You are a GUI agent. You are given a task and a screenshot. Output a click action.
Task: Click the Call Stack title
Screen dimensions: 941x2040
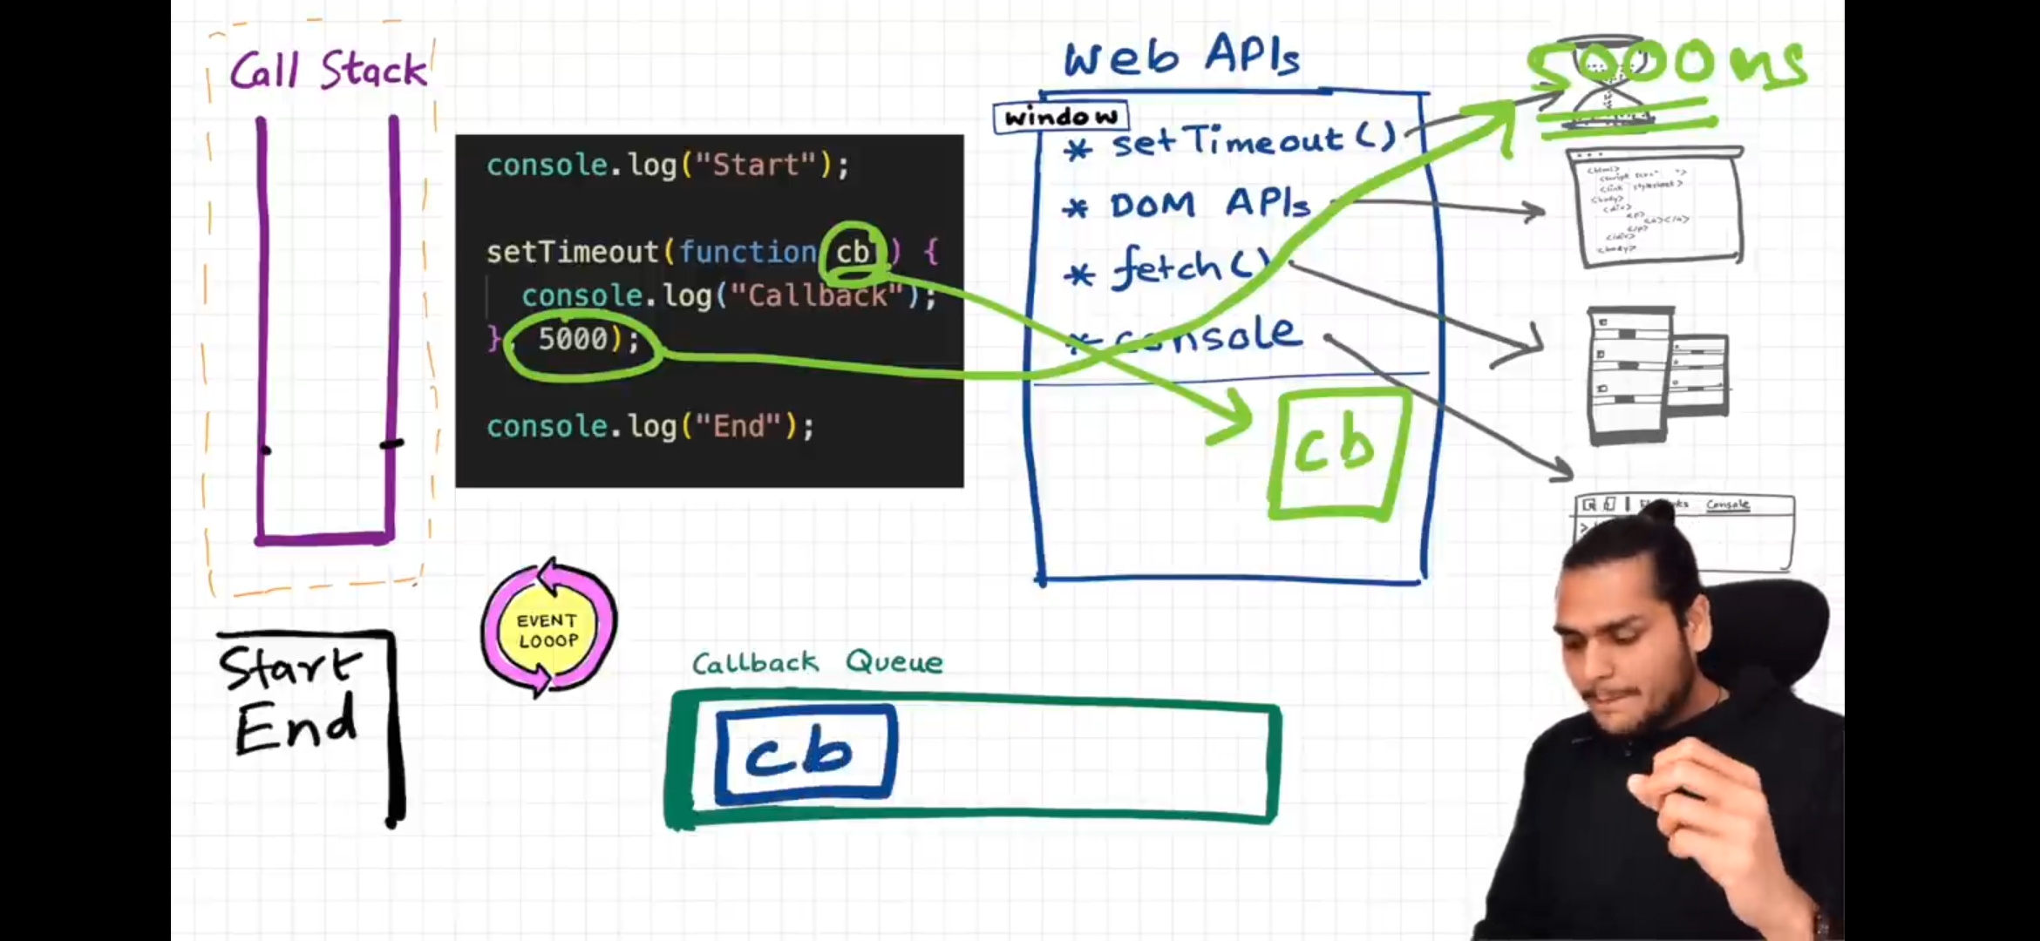pos(329,70)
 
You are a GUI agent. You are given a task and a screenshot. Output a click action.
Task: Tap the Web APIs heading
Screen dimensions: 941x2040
pos(1181,57)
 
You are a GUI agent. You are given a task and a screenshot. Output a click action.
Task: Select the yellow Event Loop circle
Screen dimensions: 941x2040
pos(547,630)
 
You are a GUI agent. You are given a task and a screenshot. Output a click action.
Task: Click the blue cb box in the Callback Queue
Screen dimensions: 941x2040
pos(805,754)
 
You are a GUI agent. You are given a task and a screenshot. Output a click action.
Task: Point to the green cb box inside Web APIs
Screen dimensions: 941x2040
pos(1336,453)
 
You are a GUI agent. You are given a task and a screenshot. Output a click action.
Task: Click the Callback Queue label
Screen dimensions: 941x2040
pos(817,662)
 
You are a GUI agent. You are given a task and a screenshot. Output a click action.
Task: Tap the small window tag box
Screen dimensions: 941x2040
pos(1060,117)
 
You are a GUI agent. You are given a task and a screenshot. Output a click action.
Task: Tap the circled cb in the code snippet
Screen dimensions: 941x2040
pos(853,253)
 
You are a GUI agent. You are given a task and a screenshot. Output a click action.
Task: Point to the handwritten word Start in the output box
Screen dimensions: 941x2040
pos(290,668)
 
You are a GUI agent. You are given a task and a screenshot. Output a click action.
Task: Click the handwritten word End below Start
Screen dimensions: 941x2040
pos(296,726)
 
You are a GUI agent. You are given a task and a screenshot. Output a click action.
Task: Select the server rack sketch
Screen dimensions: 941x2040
pos(1655,375)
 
